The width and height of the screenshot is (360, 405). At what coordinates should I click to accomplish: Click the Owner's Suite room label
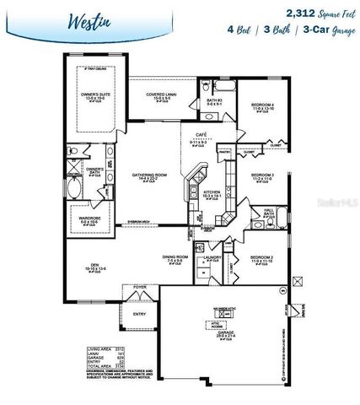click(94, 95)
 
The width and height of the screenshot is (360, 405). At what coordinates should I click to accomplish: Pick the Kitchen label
click(212, 192)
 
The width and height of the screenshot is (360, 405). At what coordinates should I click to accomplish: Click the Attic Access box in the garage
click(215, 323)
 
